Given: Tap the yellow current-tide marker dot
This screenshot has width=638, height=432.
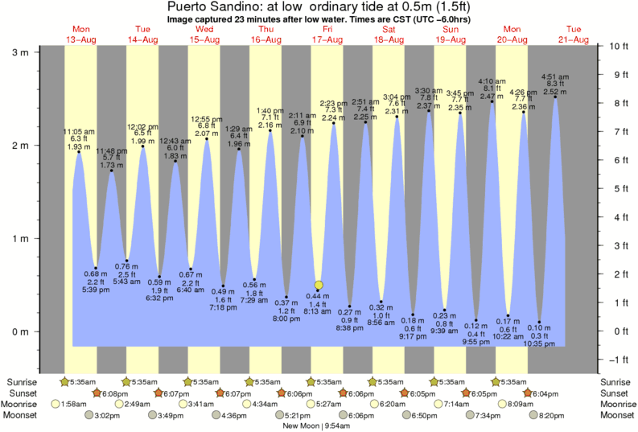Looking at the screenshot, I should click(319, 285).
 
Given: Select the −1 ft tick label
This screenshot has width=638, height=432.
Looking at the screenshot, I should click(615, 360).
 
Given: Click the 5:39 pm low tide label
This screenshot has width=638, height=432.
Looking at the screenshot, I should click(96, 290).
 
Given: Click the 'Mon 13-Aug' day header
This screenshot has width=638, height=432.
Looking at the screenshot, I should click(80, 34).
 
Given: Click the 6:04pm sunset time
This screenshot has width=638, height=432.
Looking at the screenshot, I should click(547, 393).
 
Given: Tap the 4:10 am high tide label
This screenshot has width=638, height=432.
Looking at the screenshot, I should click(492, 81).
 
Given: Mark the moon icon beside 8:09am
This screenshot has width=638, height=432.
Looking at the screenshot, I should click(503, 404).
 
